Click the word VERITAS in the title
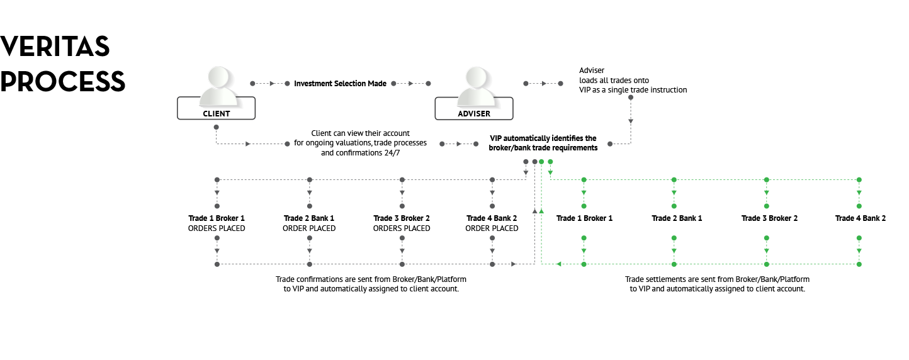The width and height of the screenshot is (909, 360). pyautogui.click(x=55, y=46)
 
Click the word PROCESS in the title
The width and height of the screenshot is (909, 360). pyautogui.click(x=62, y=81)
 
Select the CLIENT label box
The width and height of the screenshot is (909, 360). pyautogui.click(x=217, y=108)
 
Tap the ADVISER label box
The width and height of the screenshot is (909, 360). pyautogui.click(x=474, y=109)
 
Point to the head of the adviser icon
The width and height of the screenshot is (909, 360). pyautogui.click(x=477, y=77)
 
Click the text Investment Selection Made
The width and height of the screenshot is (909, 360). pyautogui.click(x=340, y=84)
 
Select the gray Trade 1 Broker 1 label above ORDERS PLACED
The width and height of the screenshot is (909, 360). pyautogui.click(x=217, y=218)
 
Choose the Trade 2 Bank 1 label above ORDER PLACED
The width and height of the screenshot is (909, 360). pyautogui.click(x=309, y=218)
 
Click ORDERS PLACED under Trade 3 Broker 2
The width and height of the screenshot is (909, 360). pyautogui.click(x=402, y=228)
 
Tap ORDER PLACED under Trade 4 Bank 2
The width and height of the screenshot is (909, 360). pyautogui.click(x=492, y=228)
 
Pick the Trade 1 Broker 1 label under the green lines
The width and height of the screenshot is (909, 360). pyautogui.click(x=584, y=218)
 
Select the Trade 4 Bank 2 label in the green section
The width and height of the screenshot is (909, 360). pyautogui.click(x=861, y=218)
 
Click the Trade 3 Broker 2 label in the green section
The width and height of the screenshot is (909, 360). pyautogui.click(x=769, y=218)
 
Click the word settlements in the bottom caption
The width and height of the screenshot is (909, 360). pyautogui.click(x=667, y=279)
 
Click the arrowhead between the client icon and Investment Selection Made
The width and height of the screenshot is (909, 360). pyautogui.click(x=273, y=84)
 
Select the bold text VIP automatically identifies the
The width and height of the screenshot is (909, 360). pyautogui.click(x=543, y=138)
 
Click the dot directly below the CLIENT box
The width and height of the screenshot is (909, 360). pyautogui.click(x=217, y=127)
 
